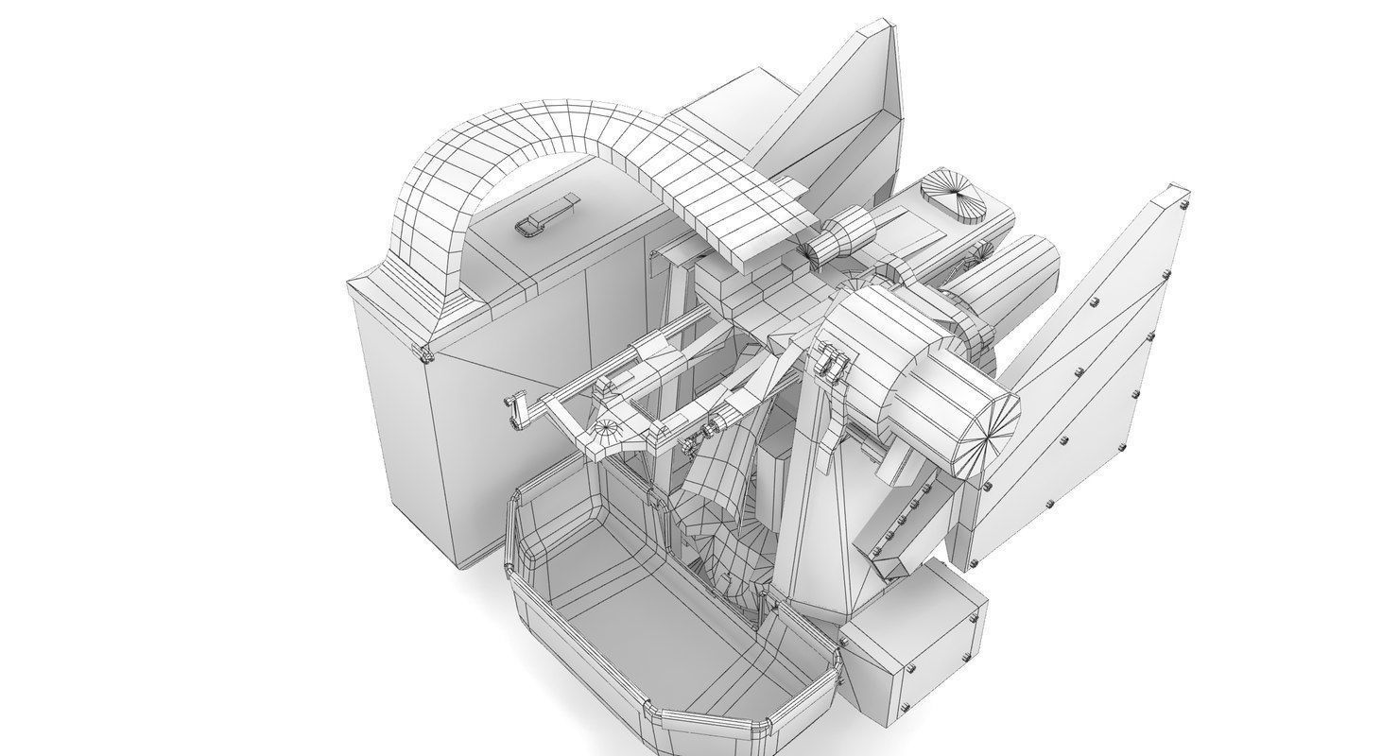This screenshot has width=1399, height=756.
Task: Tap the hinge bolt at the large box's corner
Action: point(423,355)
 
